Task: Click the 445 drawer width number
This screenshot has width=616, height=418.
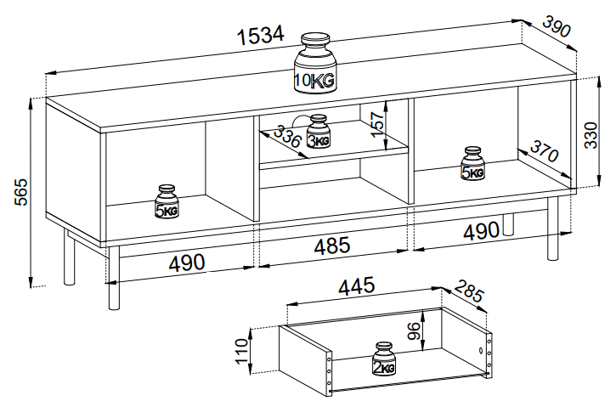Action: coord(358,287)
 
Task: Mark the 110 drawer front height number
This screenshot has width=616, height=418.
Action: coord(243,348)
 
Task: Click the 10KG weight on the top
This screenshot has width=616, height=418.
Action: coord(314,64)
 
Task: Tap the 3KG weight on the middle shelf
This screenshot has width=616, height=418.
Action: coord(318,133)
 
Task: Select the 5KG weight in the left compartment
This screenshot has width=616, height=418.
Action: coord(166,202)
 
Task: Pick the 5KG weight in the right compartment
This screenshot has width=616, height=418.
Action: coord(472,164)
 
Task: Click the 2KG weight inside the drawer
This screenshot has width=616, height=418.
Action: coord(384,359)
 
